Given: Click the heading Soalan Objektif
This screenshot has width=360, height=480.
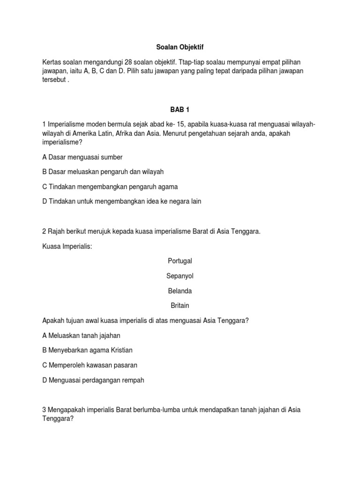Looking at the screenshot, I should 180,47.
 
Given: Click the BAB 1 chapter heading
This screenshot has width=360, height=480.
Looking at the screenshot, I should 180,109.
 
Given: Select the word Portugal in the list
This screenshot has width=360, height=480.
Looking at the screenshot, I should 180,261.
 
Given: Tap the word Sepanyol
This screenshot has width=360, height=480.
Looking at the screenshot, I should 180,276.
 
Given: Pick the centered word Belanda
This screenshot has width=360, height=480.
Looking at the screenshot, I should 180,291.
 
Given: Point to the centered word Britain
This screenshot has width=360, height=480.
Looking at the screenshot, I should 180,306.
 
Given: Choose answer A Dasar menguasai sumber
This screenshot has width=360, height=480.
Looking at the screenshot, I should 82,157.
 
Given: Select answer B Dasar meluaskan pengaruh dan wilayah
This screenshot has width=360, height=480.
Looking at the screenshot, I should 103,172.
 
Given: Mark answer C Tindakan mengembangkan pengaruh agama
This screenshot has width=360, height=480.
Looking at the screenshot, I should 110,187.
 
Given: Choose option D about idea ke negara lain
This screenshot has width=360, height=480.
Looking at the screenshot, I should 121,202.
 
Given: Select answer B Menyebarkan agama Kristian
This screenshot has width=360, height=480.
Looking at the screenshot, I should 87,350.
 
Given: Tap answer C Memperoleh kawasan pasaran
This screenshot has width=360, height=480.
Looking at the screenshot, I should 90,365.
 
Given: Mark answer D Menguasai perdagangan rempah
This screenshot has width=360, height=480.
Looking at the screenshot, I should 93,380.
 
